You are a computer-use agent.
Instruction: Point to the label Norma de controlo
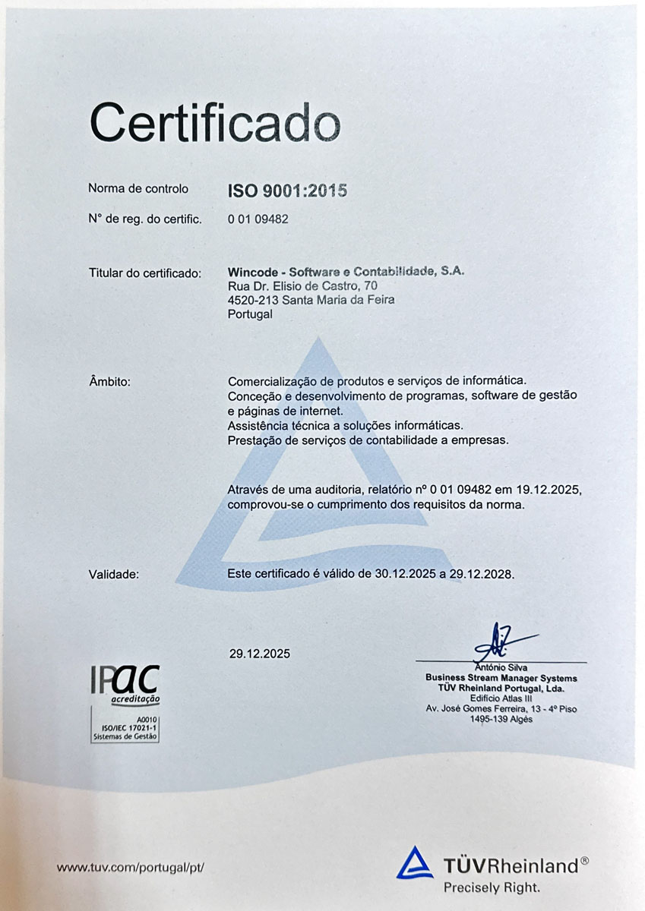[138, 188]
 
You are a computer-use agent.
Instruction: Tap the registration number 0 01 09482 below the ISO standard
[258, 219]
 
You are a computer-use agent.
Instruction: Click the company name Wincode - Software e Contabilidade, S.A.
[346, 272]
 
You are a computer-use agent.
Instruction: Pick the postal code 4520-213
[253, 300]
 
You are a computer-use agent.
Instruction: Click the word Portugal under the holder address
[250, 314]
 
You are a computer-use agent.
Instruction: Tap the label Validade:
[114, 575]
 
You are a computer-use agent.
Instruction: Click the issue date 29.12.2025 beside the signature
[259, 653]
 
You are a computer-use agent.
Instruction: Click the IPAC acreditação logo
[125, 682]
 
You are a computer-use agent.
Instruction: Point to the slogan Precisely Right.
[492, 886]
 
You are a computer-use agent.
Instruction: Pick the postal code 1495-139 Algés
[501, 719]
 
